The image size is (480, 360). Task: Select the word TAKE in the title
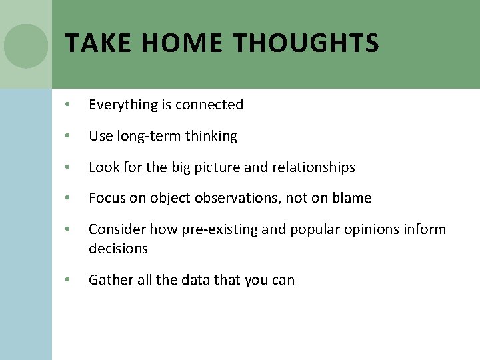(97, 44)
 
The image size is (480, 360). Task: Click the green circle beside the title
(26, 46)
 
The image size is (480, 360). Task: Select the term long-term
(149, 136)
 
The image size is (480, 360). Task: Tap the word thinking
(211, 136)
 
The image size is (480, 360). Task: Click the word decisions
(118, 248)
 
